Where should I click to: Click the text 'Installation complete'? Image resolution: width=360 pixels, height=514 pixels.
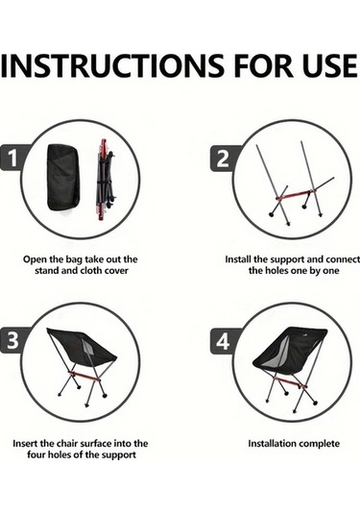(294, 444)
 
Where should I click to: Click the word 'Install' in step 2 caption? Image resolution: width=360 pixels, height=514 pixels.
(241, 259)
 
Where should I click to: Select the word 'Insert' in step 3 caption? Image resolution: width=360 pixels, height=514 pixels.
(27, 444)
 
